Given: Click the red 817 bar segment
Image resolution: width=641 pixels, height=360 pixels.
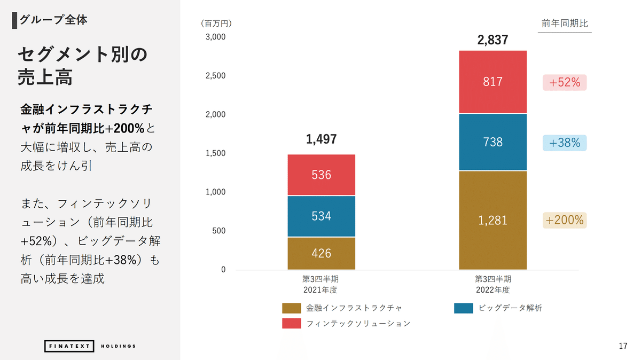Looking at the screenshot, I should pyautogui.click(x=493, y=82).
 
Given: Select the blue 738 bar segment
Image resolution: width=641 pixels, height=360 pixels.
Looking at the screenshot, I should pyautogui.click(x=493, y=142).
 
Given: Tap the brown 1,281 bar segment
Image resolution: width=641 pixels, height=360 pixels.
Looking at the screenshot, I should pyautogui.click(x=493, y=220).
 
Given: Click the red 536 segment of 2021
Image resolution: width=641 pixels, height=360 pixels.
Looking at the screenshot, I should pyautogui.click(x=321, y=175).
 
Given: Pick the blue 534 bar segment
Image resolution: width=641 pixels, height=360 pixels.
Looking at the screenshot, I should pyautogui.click(x=321, y=216).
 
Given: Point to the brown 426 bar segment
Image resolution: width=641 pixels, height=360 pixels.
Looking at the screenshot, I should pyautogui.click(x=321, y=253).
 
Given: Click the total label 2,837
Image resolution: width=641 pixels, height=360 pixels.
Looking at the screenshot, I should pyautogui.click(x=493, y=41).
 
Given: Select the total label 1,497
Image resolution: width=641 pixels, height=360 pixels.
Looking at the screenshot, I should pyautogui.click(x=321, y=139).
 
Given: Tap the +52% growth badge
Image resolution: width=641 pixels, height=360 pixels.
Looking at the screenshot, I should pyautogui.click(x=565, y=83).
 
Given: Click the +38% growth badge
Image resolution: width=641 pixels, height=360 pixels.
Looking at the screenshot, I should pyautogui.click(x=565, y=143).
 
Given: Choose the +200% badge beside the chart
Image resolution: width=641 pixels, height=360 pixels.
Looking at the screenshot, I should pyautogui.click(x=565, y=220).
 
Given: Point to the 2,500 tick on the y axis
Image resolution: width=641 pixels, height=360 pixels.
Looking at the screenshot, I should pyautogui.click(x=215, y=76).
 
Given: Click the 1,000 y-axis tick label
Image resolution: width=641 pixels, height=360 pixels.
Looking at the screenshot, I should pyautogui.click(x=215, y=192).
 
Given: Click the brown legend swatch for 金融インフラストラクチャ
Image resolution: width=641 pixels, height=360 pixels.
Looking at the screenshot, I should pyautogui.click(x=292, y=308).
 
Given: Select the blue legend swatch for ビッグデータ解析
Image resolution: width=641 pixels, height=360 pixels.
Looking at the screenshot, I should pyautogui.click(x=463, y=308).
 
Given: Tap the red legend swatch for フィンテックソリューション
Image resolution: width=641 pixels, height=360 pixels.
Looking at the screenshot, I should pyautogui.click(x=292, y=324).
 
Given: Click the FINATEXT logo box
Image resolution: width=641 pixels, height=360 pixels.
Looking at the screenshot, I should pyautogui.click(x=69, y=346).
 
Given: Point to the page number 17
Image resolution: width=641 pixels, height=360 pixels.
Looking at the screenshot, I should pyautogui.click(x=622, y=346).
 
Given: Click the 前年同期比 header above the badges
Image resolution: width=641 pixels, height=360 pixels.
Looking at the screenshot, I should pyautogui.click(x=565, y=24).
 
